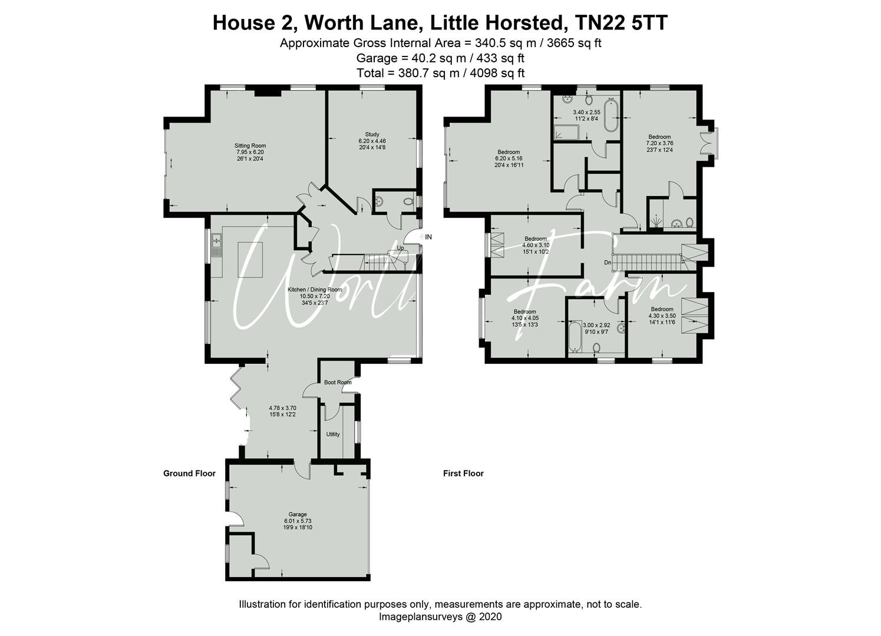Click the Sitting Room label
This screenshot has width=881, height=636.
click(x=250, y=146)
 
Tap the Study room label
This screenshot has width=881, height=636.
click(x=372, y=134)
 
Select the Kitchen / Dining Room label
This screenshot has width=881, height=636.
click(x=315, y=290)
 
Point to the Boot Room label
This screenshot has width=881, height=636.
click(x=338, y=382)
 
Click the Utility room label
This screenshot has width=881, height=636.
click(x=333, y=435)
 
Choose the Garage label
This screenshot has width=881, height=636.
click(x=298, y=514)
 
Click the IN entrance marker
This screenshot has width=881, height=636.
click(x=428, y=237)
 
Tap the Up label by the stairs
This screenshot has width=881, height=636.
click(x=400, y=248)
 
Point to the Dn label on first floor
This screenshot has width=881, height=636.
click(x=608, y=262)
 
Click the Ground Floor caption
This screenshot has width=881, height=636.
click(x=190, y=473)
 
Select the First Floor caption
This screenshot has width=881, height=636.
click(x=463, y=473)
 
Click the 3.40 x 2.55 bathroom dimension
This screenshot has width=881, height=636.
click(x=586, y=112)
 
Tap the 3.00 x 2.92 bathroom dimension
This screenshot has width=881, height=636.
click(x=596, y=325)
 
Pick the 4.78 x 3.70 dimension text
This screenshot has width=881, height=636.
click(x=282, y=408)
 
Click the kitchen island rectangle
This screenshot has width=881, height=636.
click(x=250, y=260)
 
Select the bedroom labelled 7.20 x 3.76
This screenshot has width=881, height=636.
click(x=659, y=143)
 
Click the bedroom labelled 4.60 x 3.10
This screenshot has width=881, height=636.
click(x=536, y=245)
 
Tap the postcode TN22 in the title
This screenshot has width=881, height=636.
click(x=599, y=23)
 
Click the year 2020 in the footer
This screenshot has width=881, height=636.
click(x=490, y=617)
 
